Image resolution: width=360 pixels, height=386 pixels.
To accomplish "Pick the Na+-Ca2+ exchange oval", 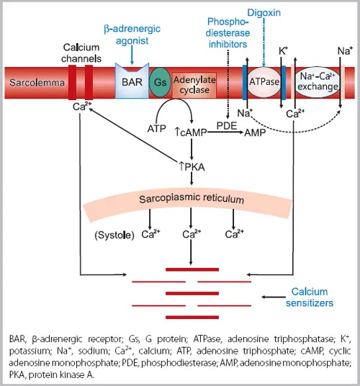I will [x=318, y=84].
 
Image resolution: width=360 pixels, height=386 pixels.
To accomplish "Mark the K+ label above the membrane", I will [x=284, y=51].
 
